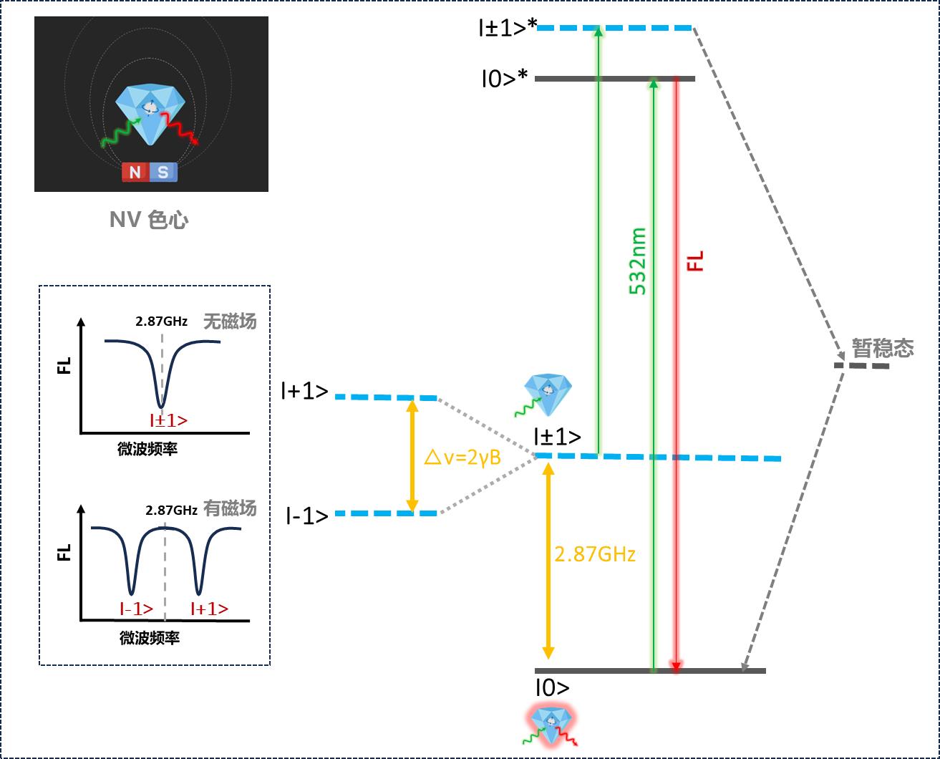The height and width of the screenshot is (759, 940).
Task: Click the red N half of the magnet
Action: (134, 172)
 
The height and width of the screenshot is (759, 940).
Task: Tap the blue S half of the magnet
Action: (163, 172)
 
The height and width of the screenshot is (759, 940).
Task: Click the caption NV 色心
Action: (149, 219)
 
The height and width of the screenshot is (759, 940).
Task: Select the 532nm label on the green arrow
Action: (637, 261)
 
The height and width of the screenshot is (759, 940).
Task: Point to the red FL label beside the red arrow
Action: (695, 261)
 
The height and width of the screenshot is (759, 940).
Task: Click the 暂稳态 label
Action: (883, 348)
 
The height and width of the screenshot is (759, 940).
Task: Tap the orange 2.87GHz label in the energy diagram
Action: (595, 553)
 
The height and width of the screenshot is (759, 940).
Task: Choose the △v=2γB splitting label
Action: (462, 456)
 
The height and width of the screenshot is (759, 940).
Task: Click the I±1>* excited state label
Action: (508, 28)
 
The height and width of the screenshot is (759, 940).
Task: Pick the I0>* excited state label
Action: (505, 78)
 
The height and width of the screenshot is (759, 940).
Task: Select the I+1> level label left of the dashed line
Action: (305, 391)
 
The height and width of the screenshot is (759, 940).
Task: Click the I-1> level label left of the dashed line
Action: (307, 516)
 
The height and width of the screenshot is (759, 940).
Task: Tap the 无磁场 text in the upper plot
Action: (229, 321)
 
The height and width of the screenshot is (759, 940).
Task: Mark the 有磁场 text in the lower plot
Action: (230, 509)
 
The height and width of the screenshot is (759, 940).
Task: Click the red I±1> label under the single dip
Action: (168, 421)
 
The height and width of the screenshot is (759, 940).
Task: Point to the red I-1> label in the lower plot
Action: (136, 609)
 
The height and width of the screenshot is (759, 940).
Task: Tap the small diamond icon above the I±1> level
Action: (548, 392)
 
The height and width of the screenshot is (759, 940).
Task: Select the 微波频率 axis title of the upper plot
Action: (147, 450)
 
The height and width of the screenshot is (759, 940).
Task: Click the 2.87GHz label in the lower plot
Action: (171, 511)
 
